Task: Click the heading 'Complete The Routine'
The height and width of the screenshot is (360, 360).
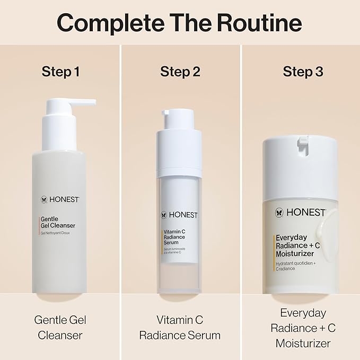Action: click(x=179, y=23)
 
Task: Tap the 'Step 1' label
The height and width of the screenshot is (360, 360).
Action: click(x=60, y=72)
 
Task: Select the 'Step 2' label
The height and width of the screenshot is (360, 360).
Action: click(x=180, y=72)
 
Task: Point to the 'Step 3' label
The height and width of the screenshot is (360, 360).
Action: click(x=303, y=72)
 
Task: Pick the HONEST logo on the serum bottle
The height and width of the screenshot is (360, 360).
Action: click(x=180, y=215)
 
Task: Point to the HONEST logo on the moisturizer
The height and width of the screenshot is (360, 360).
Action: click(x=300, y=213)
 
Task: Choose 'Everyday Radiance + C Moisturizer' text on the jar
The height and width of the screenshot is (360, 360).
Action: click(x=298, y=245)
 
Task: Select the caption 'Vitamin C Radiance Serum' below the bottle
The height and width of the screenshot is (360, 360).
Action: click(x=180, y=328)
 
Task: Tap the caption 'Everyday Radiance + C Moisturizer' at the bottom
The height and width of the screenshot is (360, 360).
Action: click(x=303, y=328)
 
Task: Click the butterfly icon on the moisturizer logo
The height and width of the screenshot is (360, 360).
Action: click(x=279, y=213)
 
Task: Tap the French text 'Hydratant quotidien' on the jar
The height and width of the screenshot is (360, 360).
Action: click(x=297, y=264)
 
